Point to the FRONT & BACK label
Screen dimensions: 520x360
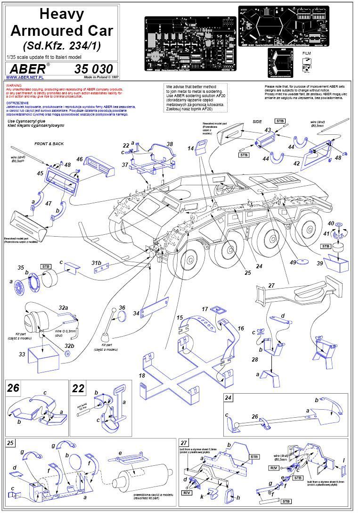click(49, 143)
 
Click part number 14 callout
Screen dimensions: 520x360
click(190, 148)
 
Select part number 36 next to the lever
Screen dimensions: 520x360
click(122, 307)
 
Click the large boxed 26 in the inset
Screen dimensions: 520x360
click(14, 388)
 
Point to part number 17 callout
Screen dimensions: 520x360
click(205, 309)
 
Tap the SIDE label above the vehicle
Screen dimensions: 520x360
click(257, 121)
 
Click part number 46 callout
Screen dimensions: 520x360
click(79, 159)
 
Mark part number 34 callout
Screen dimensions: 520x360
click(136, 313)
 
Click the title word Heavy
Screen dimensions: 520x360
click(61, 14)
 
